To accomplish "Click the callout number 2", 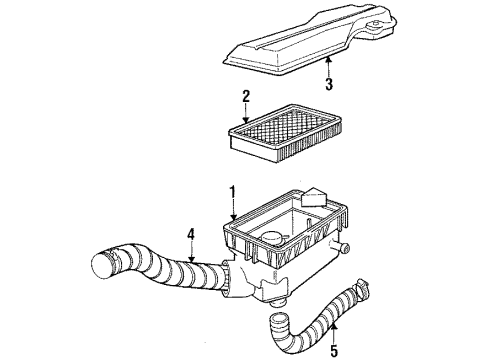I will [x=243, y=97].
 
